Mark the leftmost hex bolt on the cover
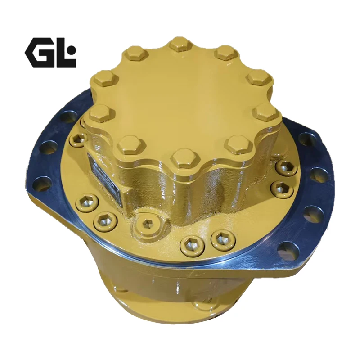(x=101, y=113)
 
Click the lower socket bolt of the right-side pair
(x=282, y=188)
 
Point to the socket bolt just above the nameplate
(x=79, y=139)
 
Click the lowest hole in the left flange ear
(x=42, y=184)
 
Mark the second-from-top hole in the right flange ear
(x=319, y=175)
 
